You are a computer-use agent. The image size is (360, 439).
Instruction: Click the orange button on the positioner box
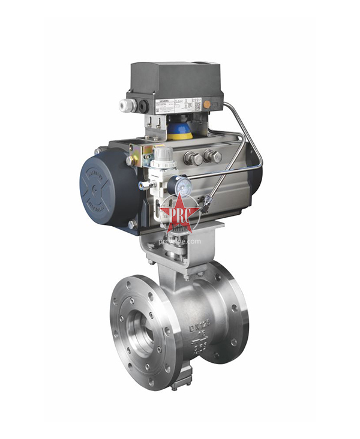tap(207, 104)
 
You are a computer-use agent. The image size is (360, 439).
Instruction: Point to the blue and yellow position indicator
tap(180, 131)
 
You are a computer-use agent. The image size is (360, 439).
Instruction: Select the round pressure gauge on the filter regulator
tap(183, 186)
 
